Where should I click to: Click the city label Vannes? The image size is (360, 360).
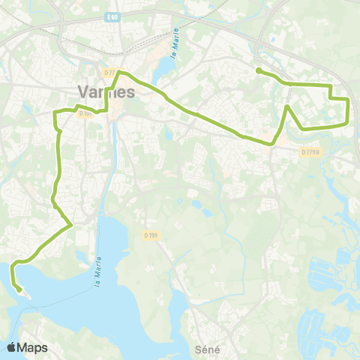pos(106,91)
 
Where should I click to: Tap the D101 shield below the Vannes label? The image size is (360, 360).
pos(84,114)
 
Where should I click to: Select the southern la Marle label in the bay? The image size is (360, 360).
pos(98,273)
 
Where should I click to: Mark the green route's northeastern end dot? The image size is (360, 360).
pos(258,70)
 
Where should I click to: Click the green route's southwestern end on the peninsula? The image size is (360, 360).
pos(18,287)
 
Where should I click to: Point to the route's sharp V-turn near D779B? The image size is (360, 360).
pos(287,107)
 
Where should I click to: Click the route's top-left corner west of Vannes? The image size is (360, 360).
pos(55,112)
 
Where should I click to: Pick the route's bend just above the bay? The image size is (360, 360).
pos(70,223)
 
